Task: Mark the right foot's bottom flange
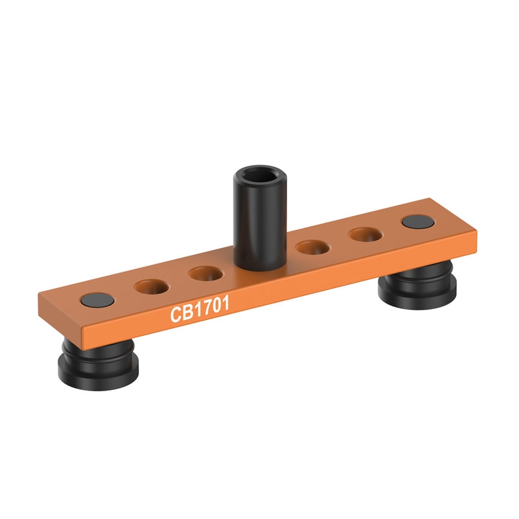click(x=418, y=300)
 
